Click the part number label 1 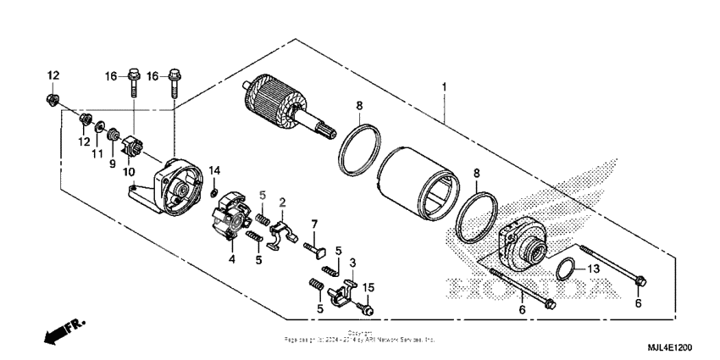(443, 86)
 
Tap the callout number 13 (593, 269)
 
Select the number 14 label (214, 170)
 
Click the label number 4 (231, 259)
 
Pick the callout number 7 (313, 224)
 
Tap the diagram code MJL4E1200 (668, 347)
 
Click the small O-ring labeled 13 (566, 270)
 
